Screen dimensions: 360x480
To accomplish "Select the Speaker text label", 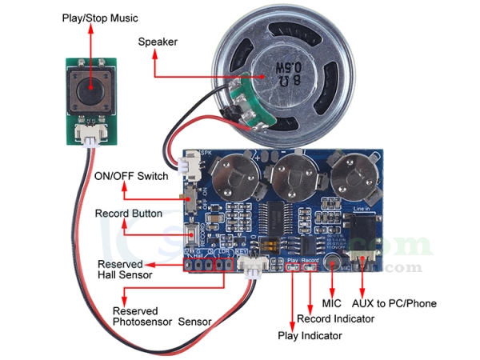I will pyautogui.click(x=158, y=42).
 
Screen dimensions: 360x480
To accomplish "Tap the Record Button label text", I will pyautogui.click(x=129, y=214).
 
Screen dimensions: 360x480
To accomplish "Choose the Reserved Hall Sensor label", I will pyautogui.click(x=121, y=270).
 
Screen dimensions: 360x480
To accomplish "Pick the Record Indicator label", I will pyautogui.click(x=335, y=319).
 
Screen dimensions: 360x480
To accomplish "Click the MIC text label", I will pyautogui.click(x=331, y=303).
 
